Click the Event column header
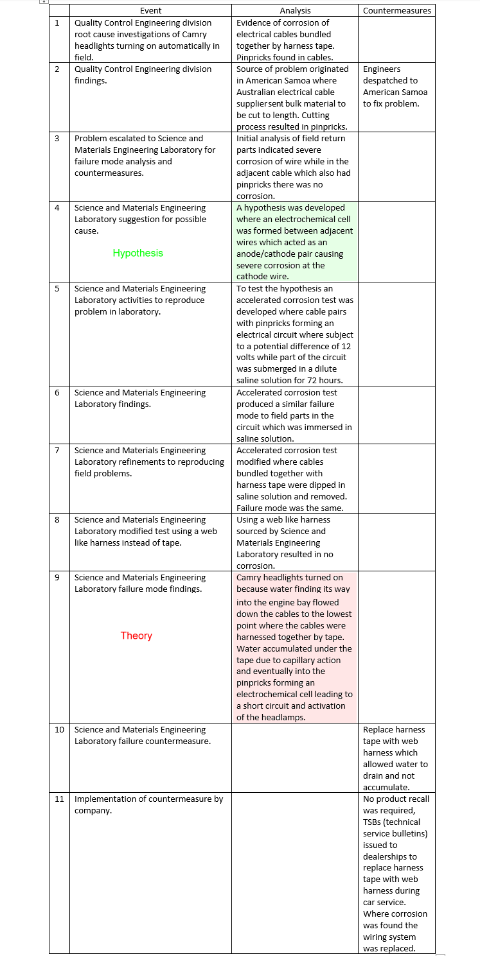[150, 10]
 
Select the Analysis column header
[295, 10]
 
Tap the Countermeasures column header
[396, 10]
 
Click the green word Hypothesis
[138, 253]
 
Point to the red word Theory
[136, 636]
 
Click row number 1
[57, 23]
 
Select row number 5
[57, 289]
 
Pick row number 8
[57, 520]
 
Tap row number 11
[59, 799]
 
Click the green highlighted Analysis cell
[294, 242]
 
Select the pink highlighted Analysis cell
[294, 647]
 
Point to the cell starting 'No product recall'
[396, 873]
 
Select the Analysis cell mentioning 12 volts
[294, 334]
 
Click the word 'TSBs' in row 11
[376, 822]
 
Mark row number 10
[59, 730]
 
